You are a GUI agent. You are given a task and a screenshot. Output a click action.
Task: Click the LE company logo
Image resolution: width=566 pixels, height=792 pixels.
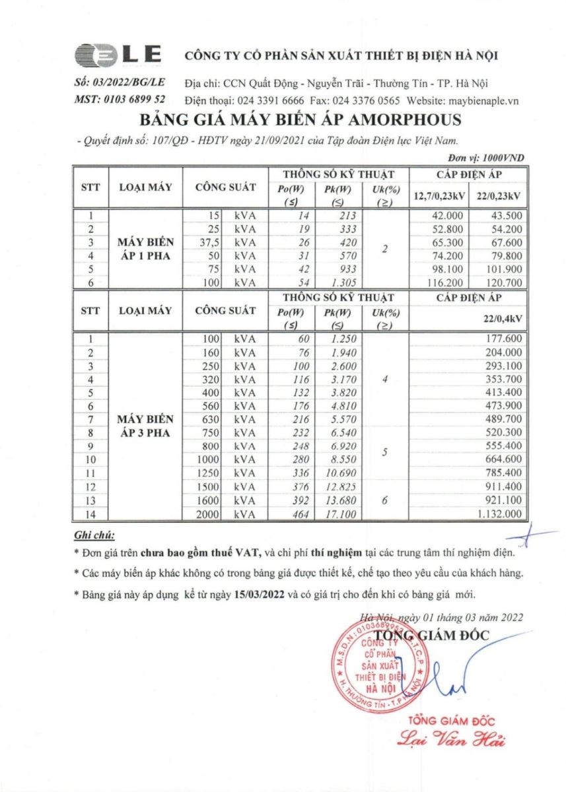[x=118, y=55]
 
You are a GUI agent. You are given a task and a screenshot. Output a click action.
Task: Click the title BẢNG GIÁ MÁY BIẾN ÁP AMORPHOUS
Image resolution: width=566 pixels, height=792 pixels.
[x=300, y=121]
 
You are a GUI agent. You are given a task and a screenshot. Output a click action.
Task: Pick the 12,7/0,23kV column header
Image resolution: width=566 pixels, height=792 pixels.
[x=439, y=196]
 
